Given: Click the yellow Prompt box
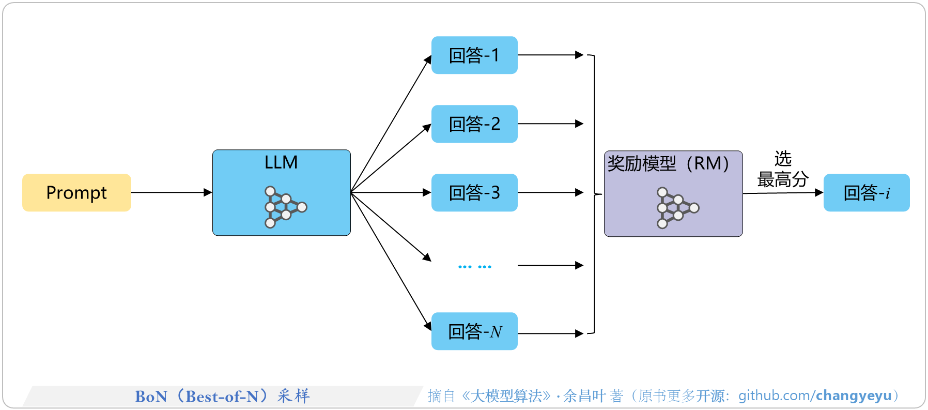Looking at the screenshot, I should [x=76, y=192].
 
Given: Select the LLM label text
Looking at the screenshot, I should [x=281, y=162].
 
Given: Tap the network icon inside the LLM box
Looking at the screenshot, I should [x=285, y=207].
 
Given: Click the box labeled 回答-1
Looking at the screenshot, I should [x=474, y=55].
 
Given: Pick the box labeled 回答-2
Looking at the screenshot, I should [x=474, y=124].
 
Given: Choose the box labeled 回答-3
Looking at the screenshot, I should [x=474, y=193].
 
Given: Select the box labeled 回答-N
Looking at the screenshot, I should [x=474, y=331].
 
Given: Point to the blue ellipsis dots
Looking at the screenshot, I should [x=474, y=267].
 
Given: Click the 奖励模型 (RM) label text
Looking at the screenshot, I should [x=668, y=163].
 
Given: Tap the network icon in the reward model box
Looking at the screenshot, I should [x=677, y=208].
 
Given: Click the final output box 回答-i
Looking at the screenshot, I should [x=867, y=193].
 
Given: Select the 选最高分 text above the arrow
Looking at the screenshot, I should [x=783, y=169].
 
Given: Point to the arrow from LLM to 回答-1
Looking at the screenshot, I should [x=391, y=124].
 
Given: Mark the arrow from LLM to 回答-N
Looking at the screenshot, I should [x=391, y=261].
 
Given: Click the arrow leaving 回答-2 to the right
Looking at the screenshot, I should [x=550, y=124].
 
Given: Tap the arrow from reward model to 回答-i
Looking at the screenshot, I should [x=783, y=193].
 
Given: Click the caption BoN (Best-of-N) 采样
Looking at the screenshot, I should [x=222, y=396].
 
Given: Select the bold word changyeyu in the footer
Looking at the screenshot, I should [x=854, y=396].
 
